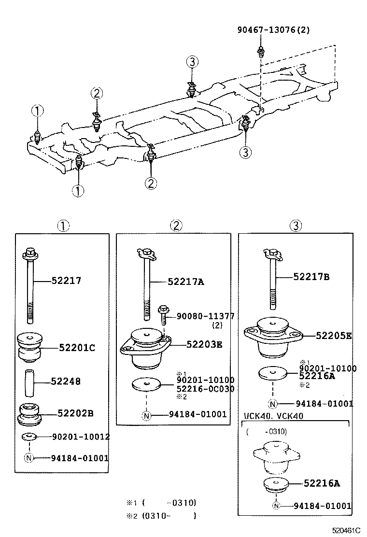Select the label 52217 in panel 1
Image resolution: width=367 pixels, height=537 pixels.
[x=66, y=281]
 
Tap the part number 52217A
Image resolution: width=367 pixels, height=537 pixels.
[x=186, y=282]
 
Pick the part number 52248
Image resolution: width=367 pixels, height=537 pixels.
[x=66, y=382]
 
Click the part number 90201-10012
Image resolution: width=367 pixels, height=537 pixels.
[x=80, y=437]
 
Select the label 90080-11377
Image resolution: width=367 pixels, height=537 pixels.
[x=205, y=316]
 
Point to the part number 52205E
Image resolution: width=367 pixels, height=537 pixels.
[x=334, y=335]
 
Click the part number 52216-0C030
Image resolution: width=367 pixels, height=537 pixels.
[x=205, y=389]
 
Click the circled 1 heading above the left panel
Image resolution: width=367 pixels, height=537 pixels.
[x=64, y=226]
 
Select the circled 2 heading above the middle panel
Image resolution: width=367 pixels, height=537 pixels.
[x=176, y=226]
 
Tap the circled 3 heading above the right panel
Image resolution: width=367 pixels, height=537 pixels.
[x=296, y=226]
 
